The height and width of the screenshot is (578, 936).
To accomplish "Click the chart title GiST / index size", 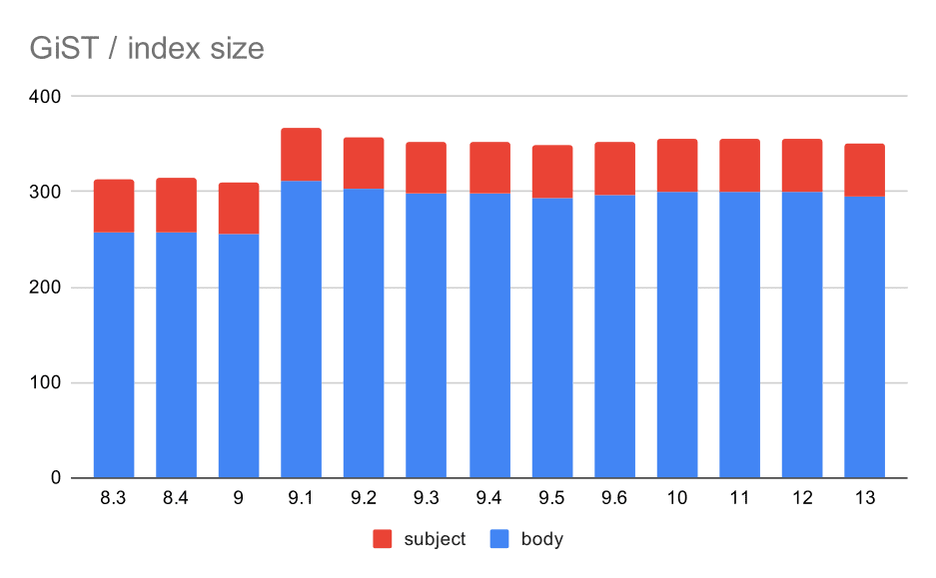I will tap(146, 48).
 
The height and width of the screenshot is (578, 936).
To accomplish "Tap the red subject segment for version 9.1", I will tap(301, 155).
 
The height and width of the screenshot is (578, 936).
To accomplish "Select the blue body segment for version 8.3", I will tap(114, 355).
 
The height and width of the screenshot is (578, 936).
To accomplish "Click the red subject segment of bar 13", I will tap(864, 171).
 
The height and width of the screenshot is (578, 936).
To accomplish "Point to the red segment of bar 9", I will tap(239, 209).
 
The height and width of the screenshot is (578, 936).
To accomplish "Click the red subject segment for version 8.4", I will tap(176, 206).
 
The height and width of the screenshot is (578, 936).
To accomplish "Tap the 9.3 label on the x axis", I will tap(426, 498).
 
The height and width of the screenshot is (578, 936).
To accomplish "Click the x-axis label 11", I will tap(739, 498).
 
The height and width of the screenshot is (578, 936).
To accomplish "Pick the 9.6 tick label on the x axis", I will tap(613, 498).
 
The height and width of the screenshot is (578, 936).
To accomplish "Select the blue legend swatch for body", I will tap(501, 539).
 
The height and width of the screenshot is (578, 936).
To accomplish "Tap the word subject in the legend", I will tap(435, 539).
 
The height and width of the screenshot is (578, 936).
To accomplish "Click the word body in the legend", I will tap(541, 539).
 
